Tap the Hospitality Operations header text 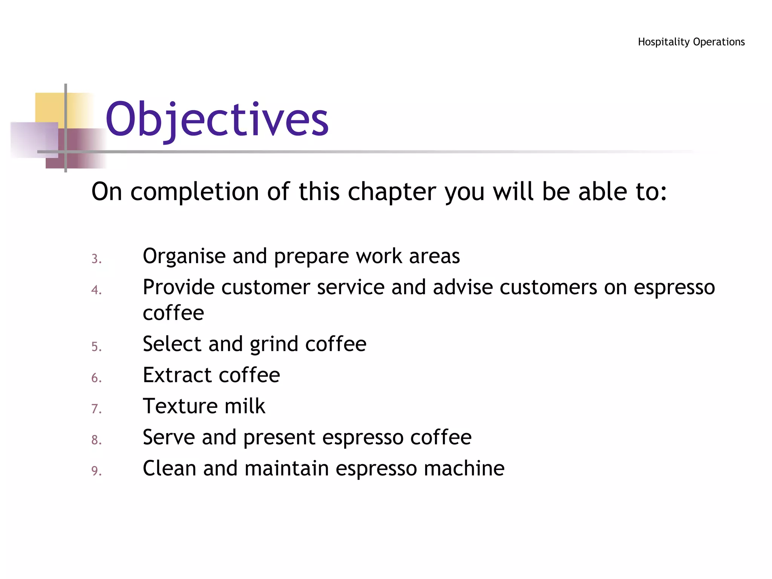(691, 42)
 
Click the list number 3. (96, 259)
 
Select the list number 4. (96, 290)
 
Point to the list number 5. (96, 347)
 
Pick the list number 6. (96, 378)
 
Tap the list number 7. (96, 409)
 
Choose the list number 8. (96, 440)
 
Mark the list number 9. (96, 471)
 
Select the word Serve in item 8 (168, 437)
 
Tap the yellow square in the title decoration (49, 107)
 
